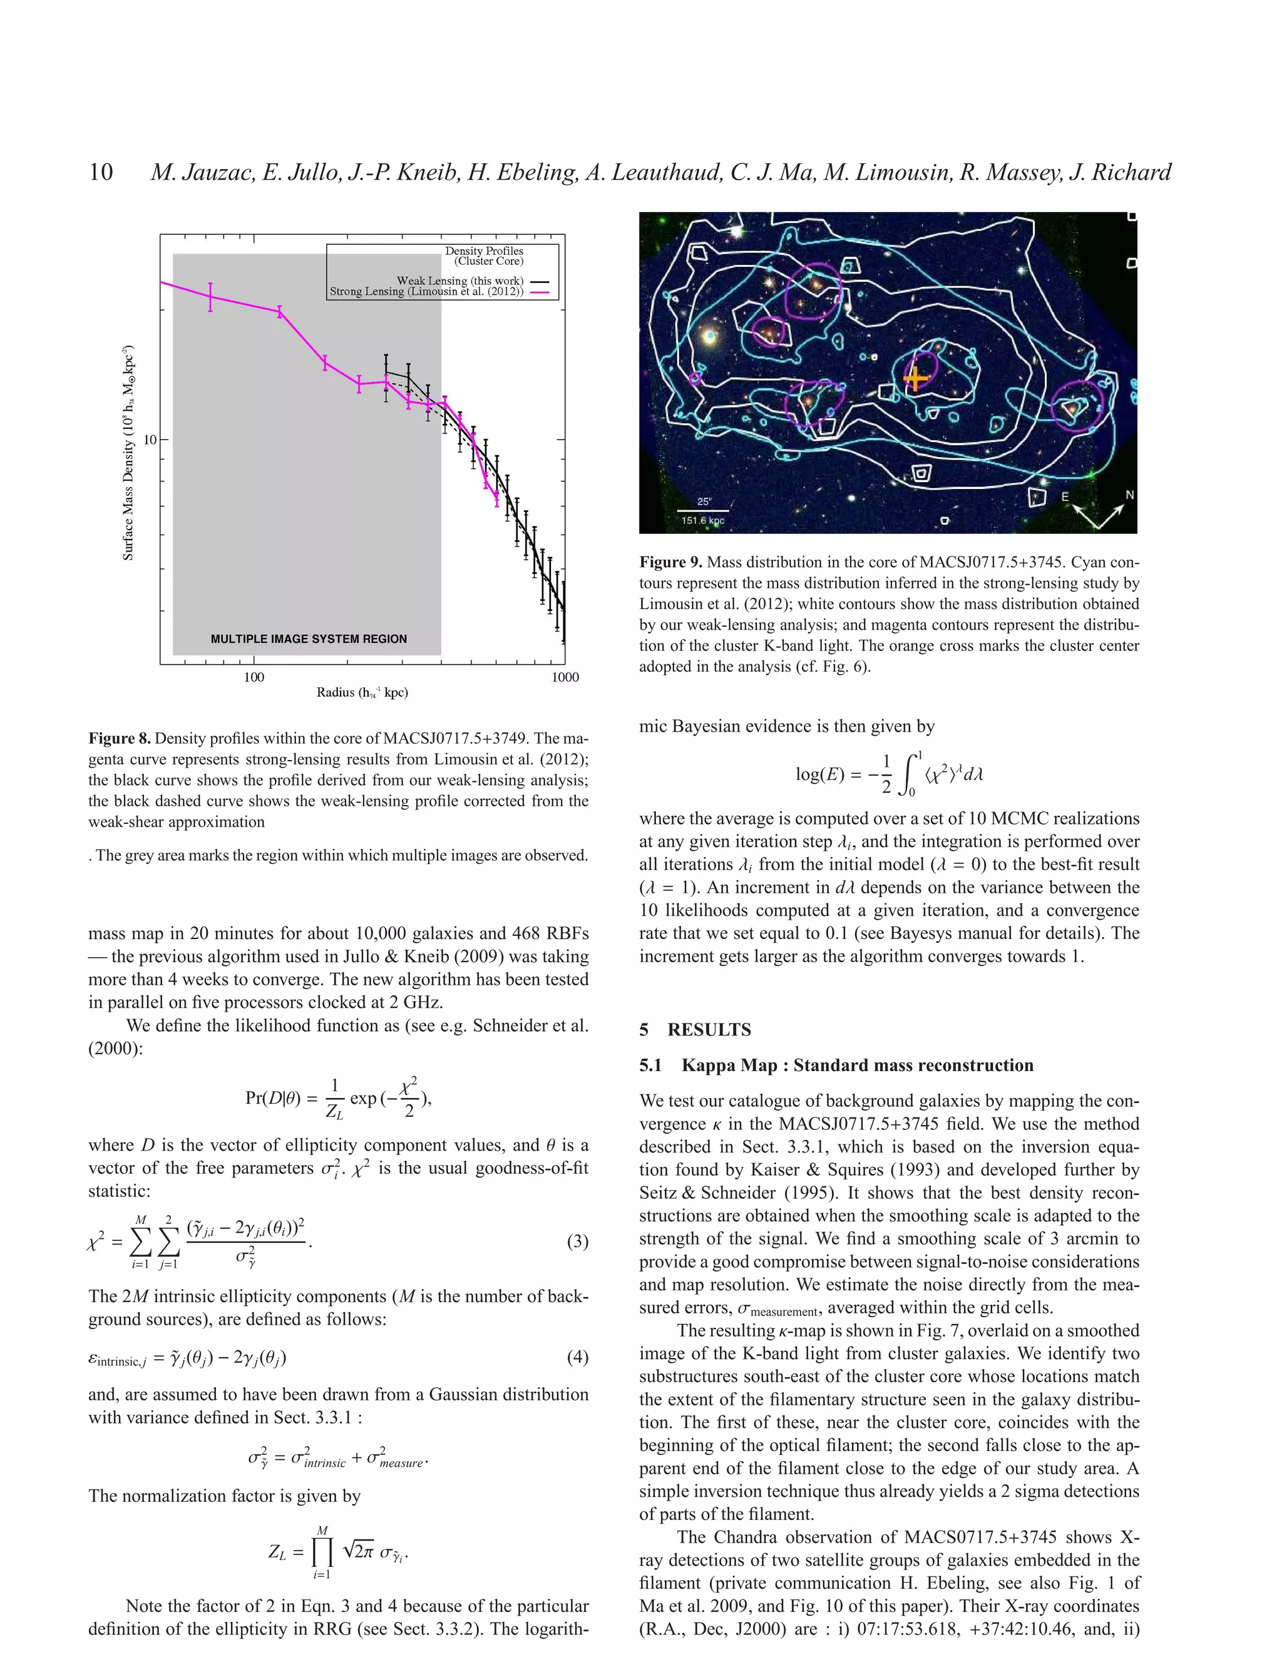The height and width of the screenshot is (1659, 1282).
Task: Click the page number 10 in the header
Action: tap(101, 172)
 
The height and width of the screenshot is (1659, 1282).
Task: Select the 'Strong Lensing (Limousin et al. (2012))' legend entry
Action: tap(426, 291)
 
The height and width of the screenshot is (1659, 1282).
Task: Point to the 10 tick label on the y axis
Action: tap(150, 440)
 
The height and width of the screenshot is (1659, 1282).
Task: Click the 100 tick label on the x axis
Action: tap(254, 677)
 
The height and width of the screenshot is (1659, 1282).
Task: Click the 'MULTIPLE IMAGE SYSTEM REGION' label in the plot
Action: tap(309, 639)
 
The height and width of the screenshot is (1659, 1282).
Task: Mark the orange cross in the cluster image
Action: tap(916, 378)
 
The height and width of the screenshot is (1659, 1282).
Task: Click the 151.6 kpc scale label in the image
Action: tap(702, 520)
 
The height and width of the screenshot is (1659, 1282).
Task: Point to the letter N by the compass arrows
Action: tap(1129, 495)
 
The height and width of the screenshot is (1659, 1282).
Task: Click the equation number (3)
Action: tap(577, 1242)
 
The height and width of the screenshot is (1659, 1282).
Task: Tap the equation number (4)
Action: tap(577, 1357)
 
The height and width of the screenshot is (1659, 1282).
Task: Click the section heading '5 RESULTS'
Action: tap(695, 1029)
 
